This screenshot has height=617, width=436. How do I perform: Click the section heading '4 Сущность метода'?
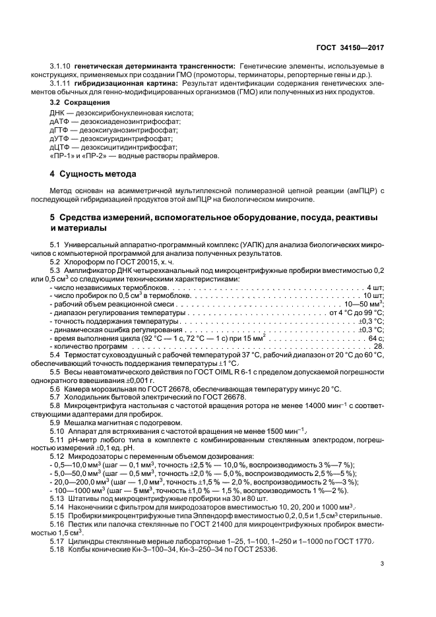(x=93, y=175)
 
